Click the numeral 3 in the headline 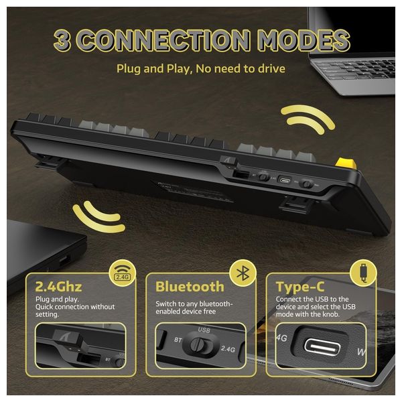pyautogui.click(x=62, y=40)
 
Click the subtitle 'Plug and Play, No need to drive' pyautogui.click(x=201, y=69)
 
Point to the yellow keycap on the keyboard pyautogui.click(x=346, y=163)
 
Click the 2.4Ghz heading pyautogui.click(x=58, y=287)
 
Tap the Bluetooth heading pyautogui.click(x=190, y=287)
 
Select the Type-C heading pyautogui.click(x=300, y=287)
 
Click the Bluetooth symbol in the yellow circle pyautogui.click(x=243, y=273)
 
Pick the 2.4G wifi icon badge pyautogui.click(x=123, y=274)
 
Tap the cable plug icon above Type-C pyautogui.click(x=364, y=273)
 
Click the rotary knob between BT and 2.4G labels pyautogui.click(x=198, y=344)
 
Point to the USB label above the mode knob pyautogui.click(x=204, y=330)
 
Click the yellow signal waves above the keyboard pyautogui.click(x=308, y=120)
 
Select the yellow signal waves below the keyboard pyautogui.click(x=99, y=216)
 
